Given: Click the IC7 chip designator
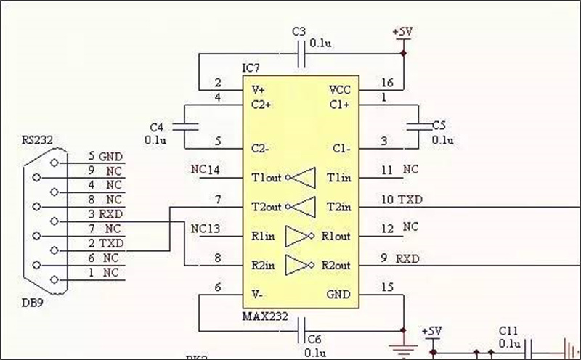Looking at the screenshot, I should [x=251, y=68].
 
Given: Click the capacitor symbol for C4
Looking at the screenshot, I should [x=191, y=125].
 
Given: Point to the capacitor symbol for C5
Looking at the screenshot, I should [x=418, y=125].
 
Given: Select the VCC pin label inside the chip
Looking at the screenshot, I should [x=340, y=90].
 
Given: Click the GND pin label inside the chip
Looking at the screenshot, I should [x=339, y=295].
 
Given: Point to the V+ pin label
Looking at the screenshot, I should [x=258, y=90].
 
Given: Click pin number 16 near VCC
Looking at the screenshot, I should [x=386, y=83].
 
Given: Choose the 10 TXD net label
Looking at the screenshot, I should [x=402, y=199].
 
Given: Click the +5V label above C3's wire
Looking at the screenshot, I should [x=403, y=33].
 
